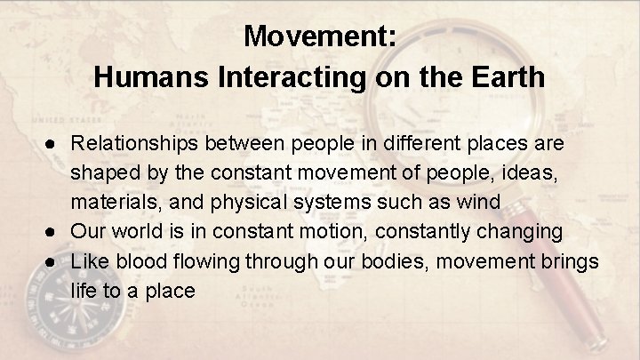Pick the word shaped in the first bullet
pos(100,172)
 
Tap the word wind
pos(480,202)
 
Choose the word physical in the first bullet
pos(245,202)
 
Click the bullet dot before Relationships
pos(55,142)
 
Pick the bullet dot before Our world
pos(55,231)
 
